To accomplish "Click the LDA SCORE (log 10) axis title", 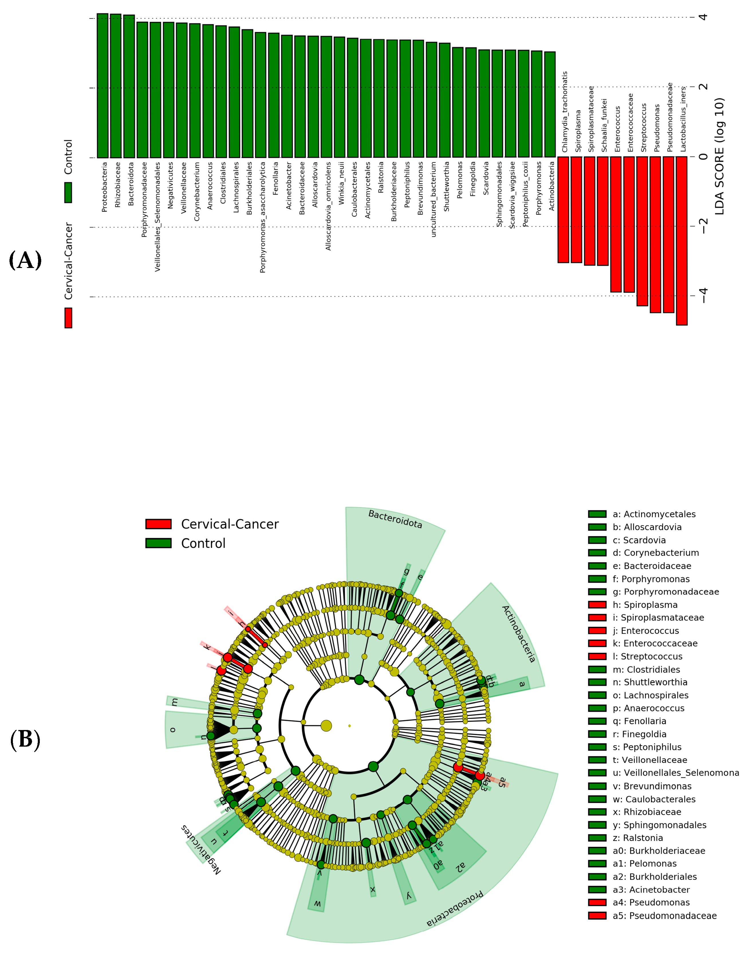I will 719,156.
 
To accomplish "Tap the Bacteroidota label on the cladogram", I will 395,519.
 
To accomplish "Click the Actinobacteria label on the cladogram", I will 518,634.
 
